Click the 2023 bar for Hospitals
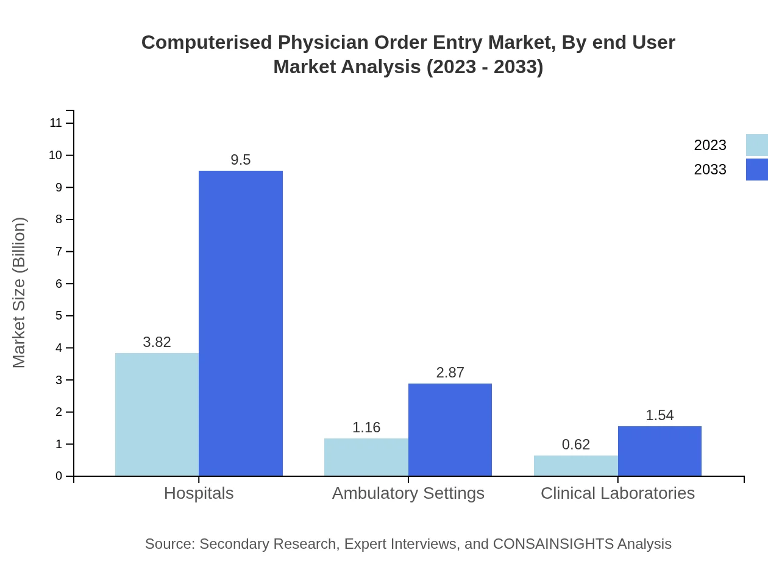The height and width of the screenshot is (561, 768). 157,415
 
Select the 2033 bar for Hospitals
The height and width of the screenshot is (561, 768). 241,323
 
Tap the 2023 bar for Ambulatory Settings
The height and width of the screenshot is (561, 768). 366,457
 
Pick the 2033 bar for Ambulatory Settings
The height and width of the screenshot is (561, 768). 450,430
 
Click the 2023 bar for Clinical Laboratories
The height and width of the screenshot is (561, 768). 576,466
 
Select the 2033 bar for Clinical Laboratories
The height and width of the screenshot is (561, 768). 660,451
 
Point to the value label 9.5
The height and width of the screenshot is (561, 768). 241,160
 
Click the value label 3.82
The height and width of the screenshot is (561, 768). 157,342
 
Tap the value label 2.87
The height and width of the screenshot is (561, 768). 450,373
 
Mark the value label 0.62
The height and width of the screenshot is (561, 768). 576,445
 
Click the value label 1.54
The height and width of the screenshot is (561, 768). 660,415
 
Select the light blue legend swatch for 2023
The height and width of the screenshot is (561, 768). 756,145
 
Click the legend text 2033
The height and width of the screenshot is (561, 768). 710,170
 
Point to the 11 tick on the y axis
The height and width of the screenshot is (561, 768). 56,123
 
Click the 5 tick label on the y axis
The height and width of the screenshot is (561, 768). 59,316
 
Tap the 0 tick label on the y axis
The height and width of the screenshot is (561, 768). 59,476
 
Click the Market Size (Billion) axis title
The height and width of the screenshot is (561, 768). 19,293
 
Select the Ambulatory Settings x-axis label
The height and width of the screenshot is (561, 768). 408,493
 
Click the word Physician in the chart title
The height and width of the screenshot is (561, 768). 325,43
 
